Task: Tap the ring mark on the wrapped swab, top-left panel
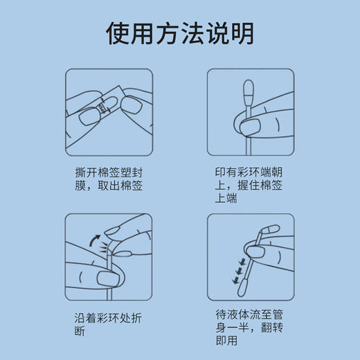104,107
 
